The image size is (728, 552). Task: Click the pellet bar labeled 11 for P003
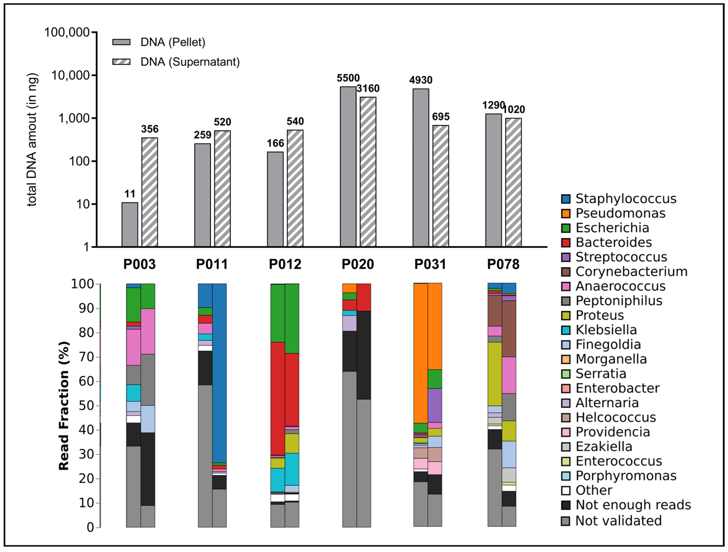tap(130, 225)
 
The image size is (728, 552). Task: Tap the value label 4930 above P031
tap(420, 80)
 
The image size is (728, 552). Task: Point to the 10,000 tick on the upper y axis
tap(70, 75)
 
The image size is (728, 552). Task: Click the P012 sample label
tap(285, 264)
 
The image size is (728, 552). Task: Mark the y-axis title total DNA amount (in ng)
tap(32, 140)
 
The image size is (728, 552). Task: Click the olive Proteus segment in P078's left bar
tap(494, 374)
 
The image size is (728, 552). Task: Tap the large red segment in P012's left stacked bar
tap(277, 398)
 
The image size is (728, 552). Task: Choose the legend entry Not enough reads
tap(633, 505)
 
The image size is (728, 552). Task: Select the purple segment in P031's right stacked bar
tap(434, 405)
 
